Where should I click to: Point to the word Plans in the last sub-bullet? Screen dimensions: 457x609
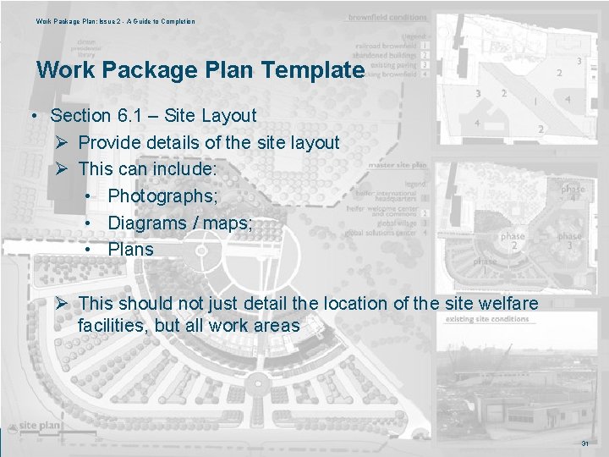pyautogui.click(x=130, y=250)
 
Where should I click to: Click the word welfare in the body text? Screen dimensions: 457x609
pyautogui.click(x=508, y=303)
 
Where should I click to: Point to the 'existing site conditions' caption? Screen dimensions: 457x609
pyautogui.click(x=486, y=319)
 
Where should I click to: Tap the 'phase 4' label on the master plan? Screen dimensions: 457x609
pyautogui.click(x=572, y=193)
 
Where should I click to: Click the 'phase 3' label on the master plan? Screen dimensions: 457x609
pyautogui.click(x=569, y=241)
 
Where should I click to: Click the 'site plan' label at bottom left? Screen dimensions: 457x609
pyautogui.click(x=39, y=426)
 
